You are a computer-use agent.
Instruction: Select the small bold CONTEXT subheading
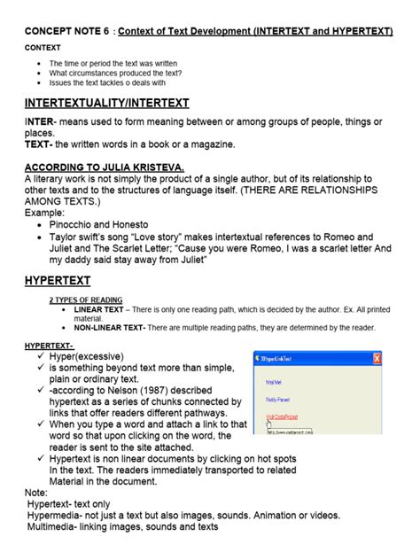(x=42, y=48)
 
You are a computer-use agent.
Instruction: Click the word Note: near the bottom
(x=37, y=492)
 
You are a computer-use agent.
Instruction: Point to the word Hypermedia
(x=57, y=515)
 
